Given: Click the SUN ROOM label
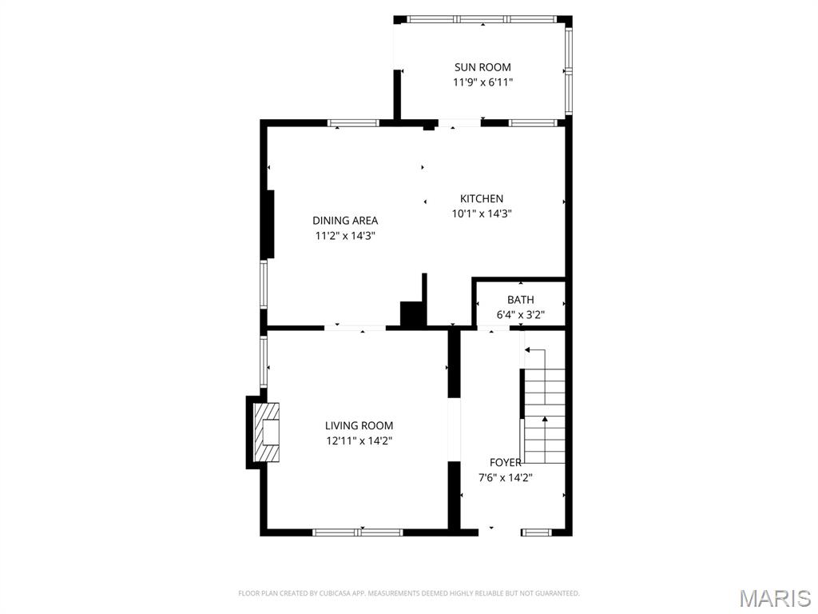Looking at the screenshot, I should pos(482,67).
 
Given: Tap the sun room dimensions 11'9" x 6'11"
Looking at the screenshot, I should pos(482,82).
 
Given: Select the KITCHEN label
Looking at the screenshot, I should pos(481,198).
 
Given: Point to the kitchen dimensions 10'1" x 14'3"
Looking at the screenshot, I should pos(481,213).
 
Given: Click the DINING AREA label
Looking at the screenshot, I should pos(345,221).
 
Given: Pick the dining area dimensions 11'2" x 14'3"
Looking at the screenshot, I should pos(345,236).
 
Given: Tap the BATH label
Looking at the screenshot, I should pos(520,300).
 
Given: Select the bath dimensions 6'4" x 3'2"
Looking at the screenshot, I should pos(520,315).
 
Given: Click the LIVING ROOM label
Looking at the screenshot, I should pos(359,426).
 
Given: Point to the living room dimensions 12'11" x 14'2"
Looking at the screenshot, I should pos(359,441).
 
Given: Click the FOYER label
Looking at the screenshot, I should pos(505,462).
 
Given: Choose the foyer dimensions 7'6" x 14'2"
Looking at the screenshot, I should pos(505,477).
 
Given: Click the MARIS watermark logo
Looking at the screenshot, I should pos(774,598).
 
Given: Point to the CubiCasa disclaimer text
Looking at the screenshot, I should pos(408,593).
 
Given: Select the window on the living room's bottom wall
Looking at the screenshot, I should pos(357,532).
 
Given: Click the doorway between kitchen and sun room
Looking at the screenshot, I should pos(459,123).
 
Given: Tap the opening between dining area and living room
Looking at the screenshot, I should pos(355,327).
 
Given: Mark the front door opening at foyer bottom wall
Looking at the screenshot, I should pos(491,531).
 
